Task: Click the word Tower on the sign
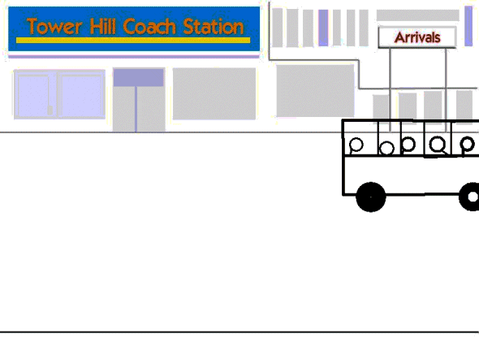click(x=54, y=26)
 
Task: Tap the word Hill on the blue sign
click(x=103, y=26)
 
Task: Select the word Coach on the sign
click(x=149, y=26)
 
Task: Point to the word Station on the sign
click(x=214, y=26)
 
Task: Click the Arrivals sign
click(x=417, y=37)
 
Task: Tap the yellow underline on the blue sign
click(x=133, y=40)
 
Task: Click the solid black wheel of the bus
click(x=371, y=197)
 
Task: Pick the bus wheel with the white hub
click(x=470, y=197)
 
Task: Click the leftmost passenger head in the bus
click(x=356, y=145)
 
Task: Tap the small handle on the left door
click(x=50, y=110)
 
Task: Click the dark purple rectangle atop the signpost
click(x=138, y=78)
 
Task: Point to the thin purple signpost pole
click(x=136, y=109)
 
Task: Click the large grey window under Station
click(x=214, y=93)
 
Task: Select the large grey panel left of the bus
click(x=315, y=90)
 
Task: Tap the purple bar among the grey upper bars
click(x=323, y=28)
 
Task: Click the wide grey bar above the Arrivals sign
click(x=417, y=15)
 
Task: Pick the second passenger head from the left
click(x=386, y=149)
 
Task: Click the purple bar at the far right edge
click(x=468, y=26)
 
